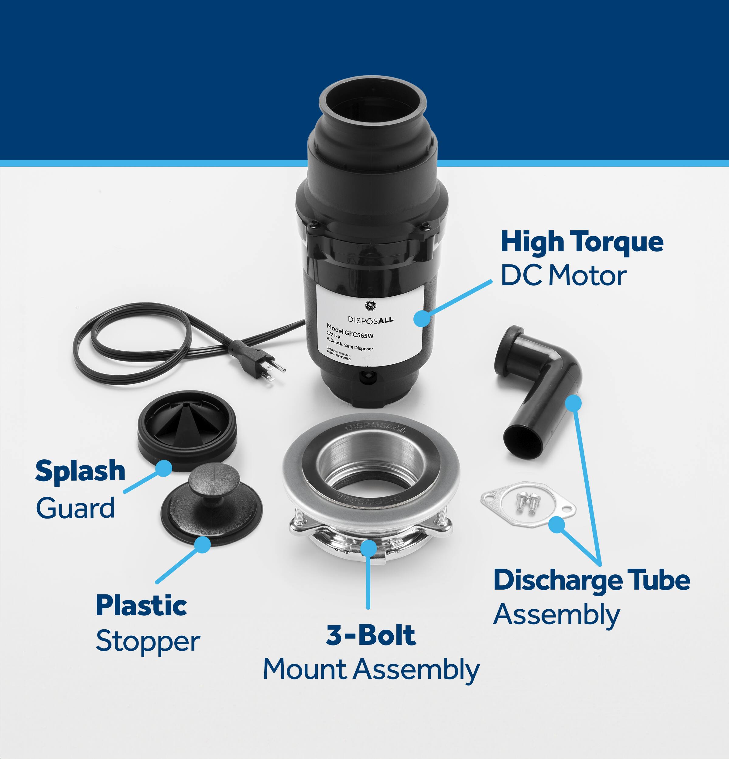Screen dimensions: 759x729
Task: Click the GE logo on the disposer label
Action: (x=370, y=305)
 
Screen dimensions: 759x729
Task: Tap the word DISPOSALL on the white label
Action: (x=370, y=320)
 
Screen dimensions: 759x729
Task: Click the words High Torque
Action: (x=582, y=242)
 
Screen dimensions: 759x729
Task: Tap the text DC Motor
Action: (x=563, y=276)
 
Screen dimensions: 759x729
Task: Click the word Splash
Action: (x=80, y=471)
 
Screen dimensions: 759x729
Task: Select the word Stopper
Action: (x=148, y=641)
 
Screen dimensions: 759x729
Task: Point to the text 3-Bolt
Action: (x=371, y=635)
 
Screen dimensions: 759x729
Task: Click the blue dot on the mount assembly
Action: (x=368, y=547)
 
